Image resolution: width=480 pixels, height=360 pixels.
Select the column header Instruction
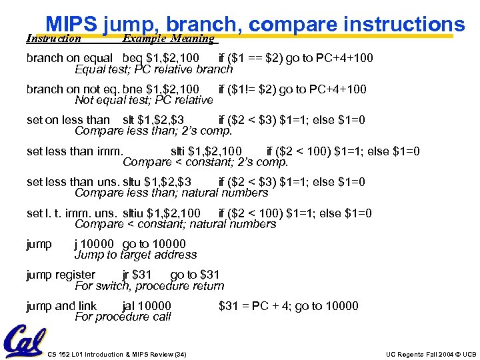click(53, 39)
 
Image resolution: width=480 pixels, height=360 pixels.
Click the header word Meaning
click(194, 39)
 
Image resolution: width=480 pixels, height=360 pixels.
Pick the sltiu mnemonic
click(134, 213)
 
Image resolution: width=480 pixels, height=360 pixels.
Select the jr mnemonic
click(126, 275)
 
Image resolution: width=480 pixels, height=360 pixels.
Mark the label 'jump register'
click(61, 275)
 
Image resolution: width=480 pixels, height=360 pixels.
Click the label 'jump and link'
click(61, 306)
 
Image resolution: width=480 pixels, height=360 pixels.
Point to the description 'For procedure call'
click(123, 317)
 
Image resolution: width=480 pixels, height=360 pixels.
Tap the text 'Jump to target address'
click(135, 255)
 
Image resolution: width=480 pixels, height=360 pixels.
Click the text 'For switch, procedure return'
click(149, 286)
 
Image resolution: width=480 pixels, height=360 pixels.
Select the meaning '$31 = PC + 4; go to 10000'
click(288, 306)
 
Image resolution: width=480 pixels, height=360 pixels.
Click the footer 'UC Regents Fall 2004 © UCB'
click(431, 354)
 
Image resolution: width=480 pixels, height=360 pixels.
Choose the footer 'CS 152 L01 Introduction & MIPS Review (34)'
click(117, 354)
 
